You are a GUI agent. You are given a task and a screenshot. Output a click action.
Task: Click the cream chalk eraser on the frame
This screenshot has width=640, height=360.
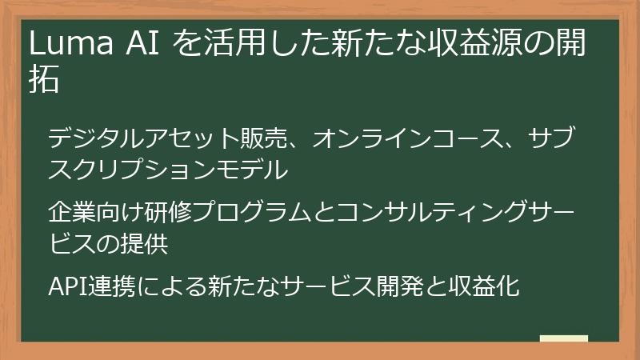[564, 338]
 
